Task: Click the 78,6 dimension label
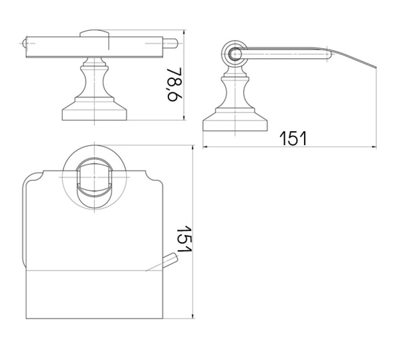click(x=174, y=84)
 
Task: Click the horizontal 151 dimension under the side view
click(x=293, y=139)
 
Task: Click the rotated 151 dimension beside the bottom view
click(x=184, y=239)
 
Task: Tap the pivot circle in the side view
click(x=235, y=54)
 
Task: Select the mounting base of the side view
click(x=235, y=122)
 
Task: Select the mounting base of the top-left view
click(x=94, y=112)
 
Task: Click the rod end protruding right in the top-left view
click(x=170, y=43)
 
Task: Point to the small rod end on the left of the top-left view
click(x=24, y=43)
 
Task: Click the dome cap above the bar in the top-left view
click(x=94, y=33)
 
